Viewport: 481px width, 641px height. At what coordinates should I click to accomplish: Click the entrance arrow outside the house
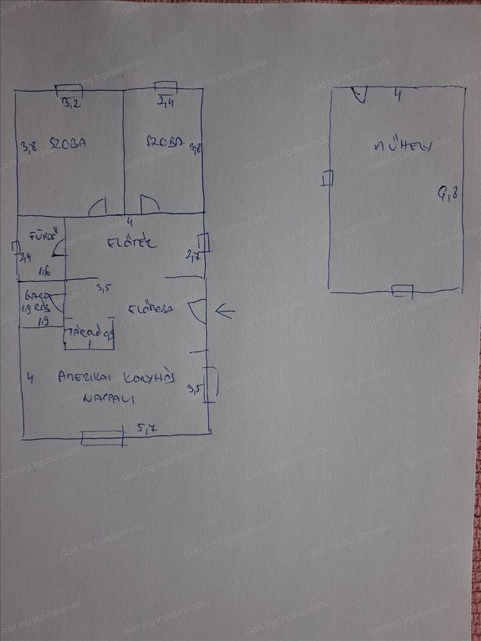[224, 312]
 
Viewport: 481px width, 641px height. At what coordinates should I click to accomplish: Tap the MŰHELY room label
[402, 147]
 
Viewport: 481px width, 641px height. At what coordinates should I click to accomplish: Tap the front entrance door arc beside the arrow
[198, 311]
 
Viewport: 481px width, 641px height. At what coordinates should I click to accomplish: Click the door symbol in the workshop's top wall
[359, 95]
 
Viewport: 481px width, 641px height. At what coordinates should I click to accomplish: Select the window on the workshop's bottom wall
[402, 291]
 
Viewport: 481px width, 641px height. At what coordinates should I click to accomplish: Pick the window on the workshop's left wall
[328, 178]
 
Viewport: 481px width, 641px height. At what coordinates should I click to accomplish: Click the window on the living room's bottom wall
[102, 438]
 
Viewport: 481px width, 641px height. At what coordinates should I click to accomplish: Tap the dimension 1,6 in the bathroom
[44, 272]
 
